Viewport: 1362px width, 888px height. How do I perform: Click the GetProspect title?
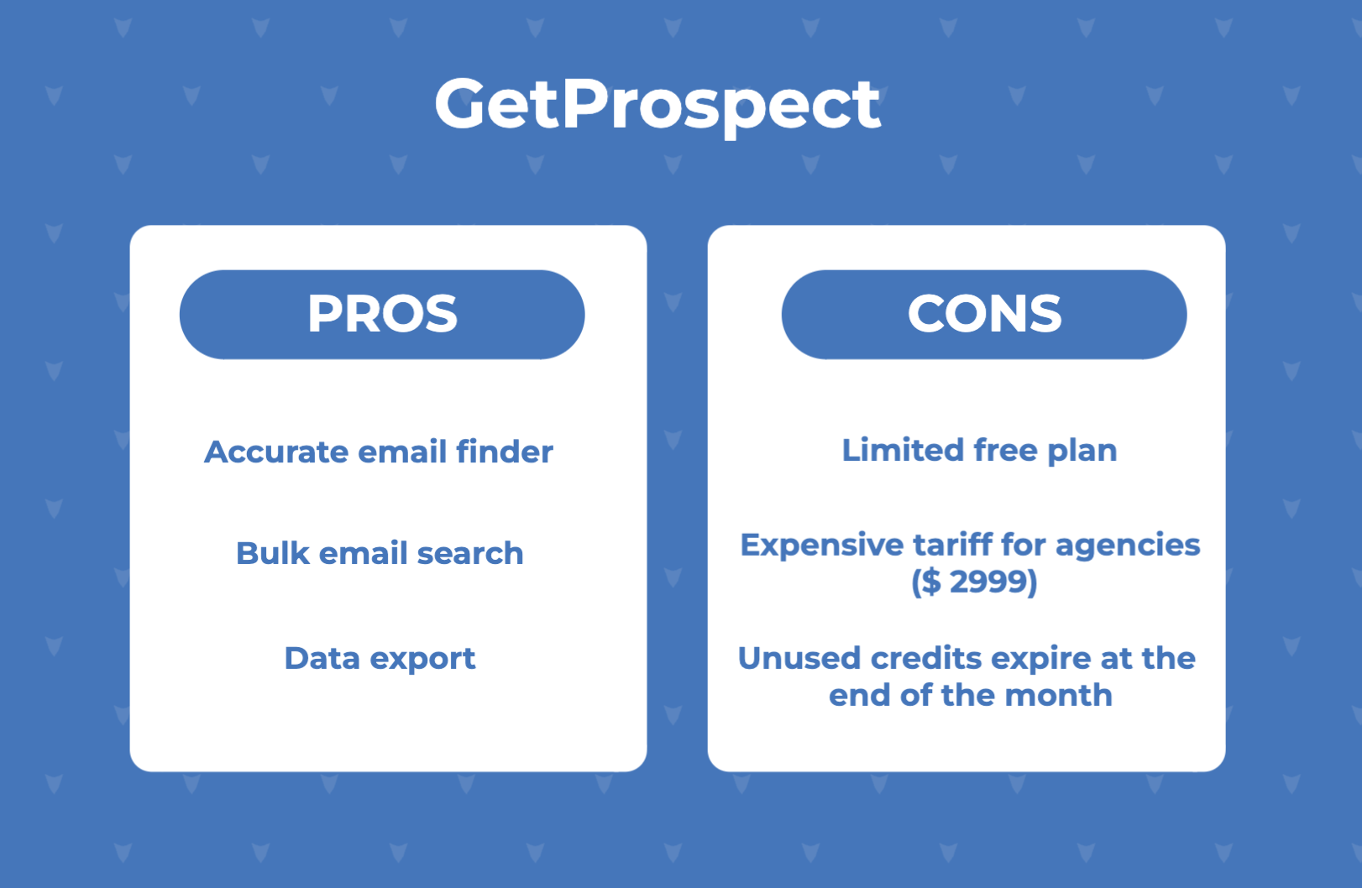point(657,106)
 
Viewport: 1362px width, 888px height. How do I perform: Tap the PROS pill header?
point(382,314)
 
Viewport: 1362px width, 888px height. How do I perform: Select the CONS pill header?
point(984,314)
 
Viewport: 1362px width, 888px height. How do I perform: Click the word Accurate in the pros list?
point(276,452)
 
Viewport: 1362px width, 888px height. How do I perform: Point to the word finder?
point(505,452)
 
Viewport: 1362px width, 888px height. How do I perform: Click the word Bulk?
point(272,553)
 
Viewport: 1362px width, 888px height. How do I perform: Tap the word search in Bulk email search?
point(470,553)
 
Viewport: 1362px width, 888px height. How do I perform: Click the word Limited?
point(904,451)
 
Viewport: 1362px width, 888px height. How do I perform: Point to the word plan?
point(1082,452)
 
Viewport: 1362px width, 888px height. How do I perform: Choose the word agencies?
point(1128,546)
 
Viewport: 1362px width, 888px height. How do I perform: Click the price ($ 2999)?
point(974,582)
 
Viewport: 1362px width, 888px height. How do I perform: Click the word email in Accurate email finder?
point(402,452)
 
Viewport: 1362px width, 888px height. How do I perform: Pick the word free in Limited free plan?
point(1006,451)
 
